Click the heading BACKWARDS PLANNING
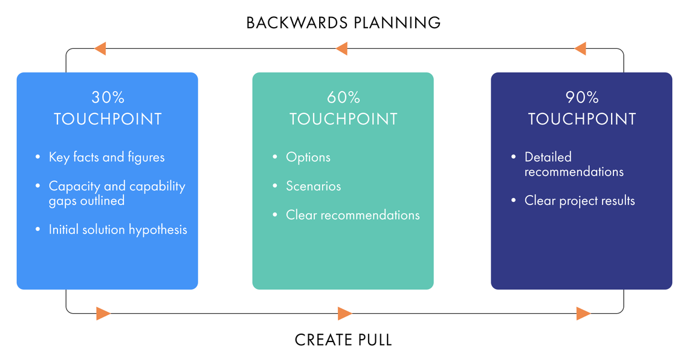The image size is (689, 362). tap(343, 23)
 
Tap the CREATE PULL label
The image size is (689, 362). tap(343, 340)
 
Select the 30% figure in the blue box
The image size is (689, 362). tap(108, 98)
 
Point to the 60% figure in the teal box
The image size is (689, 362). tap(343, 98)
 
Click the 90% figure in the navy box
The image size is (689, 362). tap(582, 98)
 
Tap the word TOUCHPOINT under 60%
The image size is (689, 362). tap(343, 119)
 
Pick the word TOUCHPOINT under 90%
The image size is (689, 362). tap(582, 119)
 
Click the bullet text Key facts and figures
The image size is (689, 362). tap(106, 157)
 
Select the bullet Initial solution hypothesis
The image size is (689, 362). tap(118, 230)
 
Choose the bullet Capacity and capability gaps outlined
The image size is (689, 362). tap(117, 193)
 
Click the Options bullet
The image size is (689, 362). tap(308, 157)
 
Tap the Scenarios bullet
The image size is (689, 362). tap(313, 186)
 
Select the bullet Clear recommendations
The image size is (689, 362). tap(352, 215)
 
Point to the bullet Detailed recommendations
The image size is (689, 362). tap(574, 164)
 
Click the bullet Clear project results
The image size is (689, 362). tap(580, 201)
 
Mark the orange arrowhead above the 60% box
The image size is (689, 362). tap(341, 48)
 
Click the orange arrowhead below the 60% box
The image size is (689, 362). tap(344, 313)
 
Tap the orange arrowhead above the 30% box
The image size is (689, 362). tap(100, 48)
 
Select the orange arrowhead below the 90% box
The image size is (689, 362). tap(583, 313)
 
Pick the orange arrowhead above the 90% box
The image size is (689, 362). tap(580, 48)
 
